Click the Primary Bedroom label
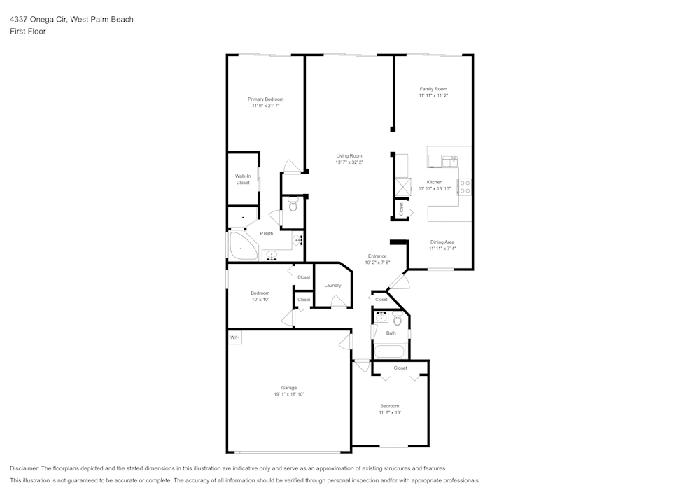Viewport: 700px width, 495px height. click(265, 99)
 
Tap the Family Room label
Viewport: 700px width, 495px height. click(433, 89)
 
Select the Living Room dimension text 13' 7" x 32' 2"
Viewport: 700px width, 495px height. click(349, 162)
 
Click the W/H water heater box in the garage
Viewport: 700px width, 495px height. click(234, 337)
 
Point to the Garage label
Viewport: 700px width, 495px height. click(288, 388)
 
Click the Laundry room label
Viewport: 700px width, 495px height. click(332, 285)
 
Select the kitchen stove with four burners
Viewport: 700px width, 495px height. click(464, 186)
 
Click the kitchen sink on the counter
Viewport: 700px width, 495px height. click(449, 161)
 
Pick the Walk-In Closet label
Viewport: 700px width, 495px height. click(242, 179)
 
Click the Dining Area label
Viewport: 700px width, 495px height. click(442, 242)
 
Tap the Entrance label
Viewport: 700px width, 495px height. click(377, 256)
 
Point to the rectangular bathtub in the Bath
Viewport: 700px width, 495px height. click(388, 351)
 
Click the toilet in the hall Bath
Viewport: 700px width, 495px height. click(397, 320)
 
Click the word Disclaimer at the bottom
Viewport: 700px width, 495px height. click(24, 468)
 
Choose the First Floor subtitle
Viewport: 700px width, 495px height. click(27, 32)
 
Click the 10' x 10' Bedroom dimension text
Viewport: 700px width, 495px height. click(260, 300)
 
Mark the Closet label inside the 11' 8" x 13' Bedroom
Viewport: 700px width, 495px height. click(400, 368)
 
